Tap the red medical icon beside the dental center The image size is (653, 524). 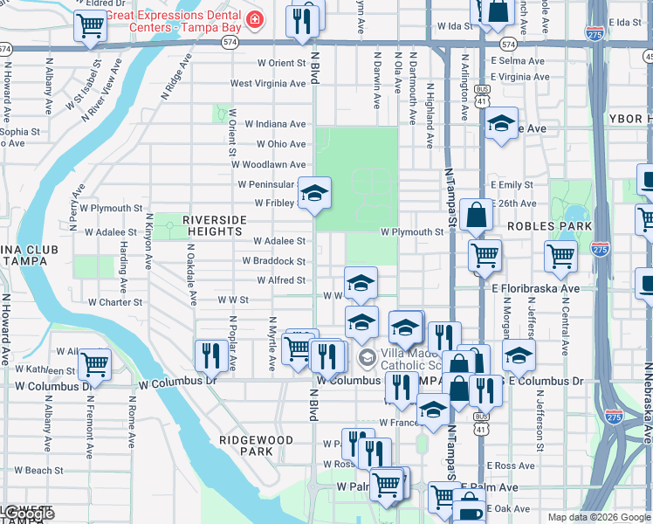click(x=254, y=18)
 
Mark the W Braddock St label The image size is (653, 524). click(x=273, y=261)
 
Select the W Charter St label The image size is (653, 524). click(x=115, y=302)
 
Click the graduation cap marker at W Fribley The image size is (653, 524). click(x=314, y=194)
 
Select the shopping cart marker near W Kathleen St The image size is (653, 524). click(x=94, y=363)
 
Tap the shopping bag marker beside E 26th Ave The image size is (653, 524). click(x=477, y=214)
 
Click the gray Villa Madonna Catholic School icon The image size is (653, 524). click(x=368, y=356)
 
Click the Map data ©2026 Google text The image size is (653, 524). click(x=597, y=517)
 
